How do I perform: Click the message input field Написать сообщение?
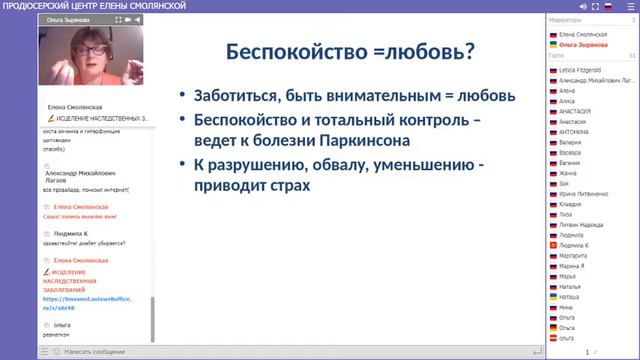click(95, 352)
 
